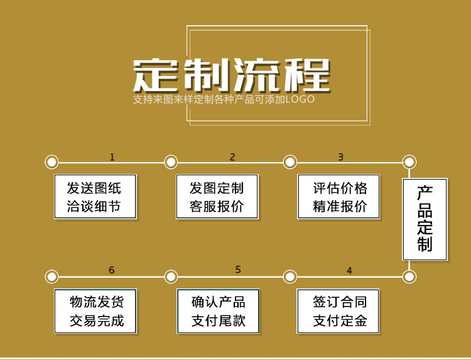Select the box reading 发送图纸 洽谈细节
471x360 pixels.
coord(94,197)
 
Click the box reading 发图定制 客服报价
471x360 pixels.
coord(217,197)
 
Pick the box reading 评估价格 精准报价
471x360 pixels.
coord(340,197)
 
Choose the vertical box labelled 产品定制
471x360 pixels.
coord(425,219)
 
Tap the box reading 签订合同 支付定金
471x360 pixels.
coord(340,311)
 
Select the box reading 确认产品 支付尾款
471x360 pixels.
coord(217,311)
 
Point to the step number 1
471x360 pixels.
coord(112,157)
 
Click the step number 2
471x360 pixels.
coord(232,157)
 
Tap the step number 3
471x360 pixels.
coord(340,157)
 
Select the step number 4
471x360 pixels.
coord(349,271)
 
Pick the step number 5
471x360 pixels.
coord(238,270)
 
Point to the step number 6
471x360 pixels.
coord(112,270)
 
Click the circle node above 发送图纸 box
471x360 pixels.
coord(52,162)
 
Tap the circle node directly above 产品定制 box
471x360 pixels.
coord(409,162)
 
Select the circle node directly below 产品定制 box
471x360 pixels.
coord(409,276)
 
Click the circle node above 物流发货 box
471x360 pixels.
coord(52,276)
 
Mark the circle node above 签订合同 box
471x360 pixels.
coord(290,276)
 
